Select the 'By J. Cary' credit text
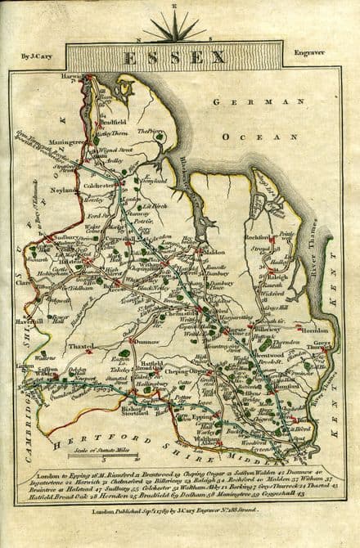32,56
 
